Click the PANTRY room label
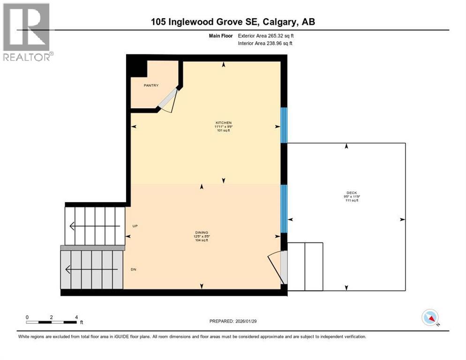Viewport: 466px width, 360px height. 151,85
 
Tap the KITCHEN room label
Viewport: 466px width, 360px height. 224,123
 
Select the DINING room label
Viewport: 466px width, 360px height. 202,232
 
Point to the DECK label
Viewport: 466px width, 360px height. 347,193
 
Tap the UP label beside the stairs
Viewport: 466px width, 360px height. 135,226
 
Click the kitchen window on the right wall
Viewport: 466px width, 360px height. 284,125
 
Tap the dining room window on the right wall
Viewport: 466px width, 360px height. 284,209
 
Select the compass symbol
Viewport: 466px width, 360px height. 430,318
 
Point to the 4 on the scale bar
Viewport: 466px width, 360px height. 76,317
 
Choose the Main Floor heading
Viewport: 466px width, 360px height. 221,36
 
